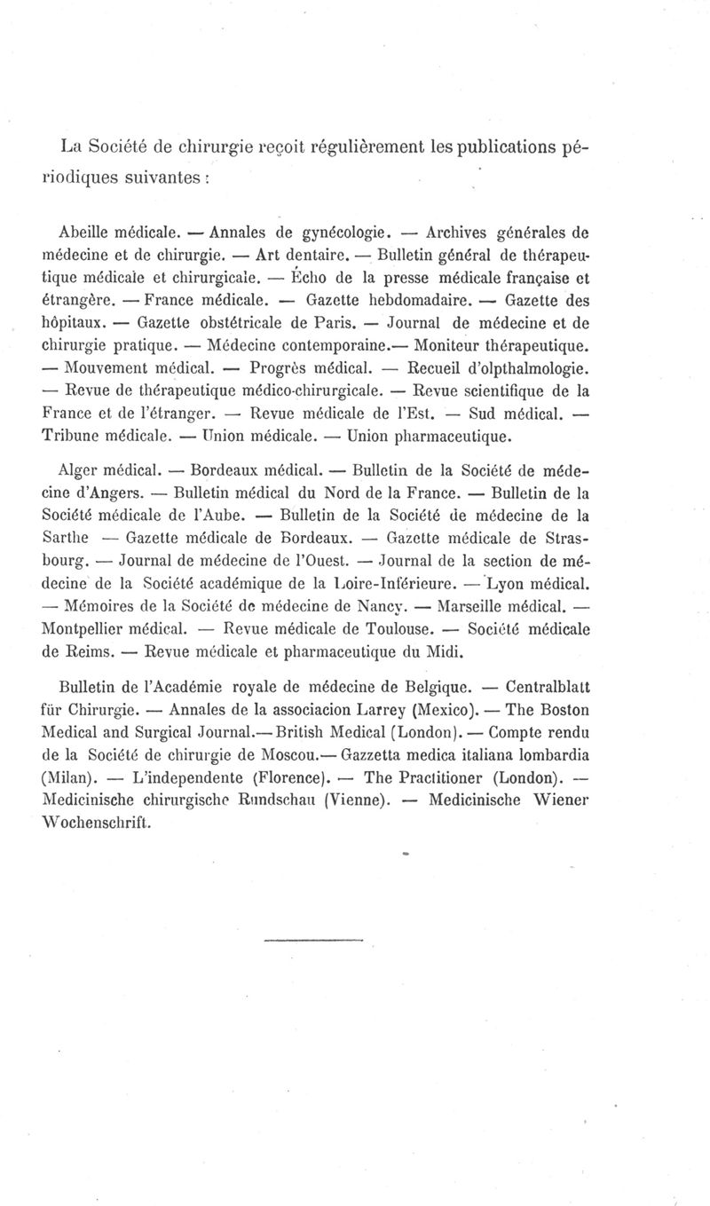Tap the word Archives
(x=458, y=234)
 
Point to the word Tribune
(x=73, y=437)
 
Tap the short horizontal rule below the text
(x=314, y=938)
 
